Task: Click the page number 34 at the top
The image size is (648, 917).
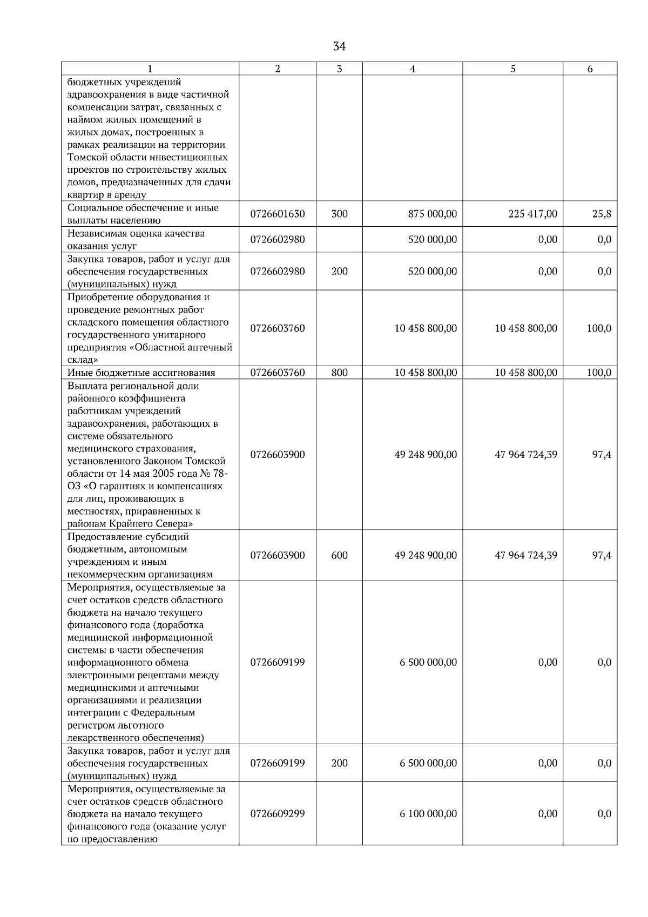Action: coord(339,46)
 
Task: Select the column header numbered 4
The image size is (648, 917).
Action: coord(413,69)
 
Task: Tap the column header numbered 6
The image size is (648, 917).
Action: coord(590,69)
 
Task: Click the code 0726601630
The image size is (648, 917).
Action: coord(278,214)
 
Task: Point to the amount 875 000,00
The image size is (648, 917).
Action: coord(433,214)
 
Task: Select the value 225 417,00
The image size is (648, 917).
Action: coord(533,214)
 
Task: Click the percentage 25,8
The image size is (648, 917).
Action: coord(602,214)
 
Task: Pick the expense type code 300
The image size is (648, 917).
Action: coord(339,214)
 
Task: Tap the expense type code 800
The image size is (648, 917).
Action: coord(339,372)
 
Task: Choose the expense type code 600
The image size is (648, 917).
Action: coord(339,555)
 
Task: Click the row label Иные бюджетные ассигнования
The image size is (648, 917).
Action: coord(141,373)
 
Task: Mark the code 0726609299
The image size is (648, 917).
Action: coord(278,813)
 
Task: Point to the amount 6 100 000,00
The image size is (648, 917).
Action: coord(428,813)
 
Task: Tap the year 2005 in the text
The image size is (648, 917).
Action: coord(146,474)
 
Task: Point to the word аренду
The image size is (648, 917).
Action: coord(129,195)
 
